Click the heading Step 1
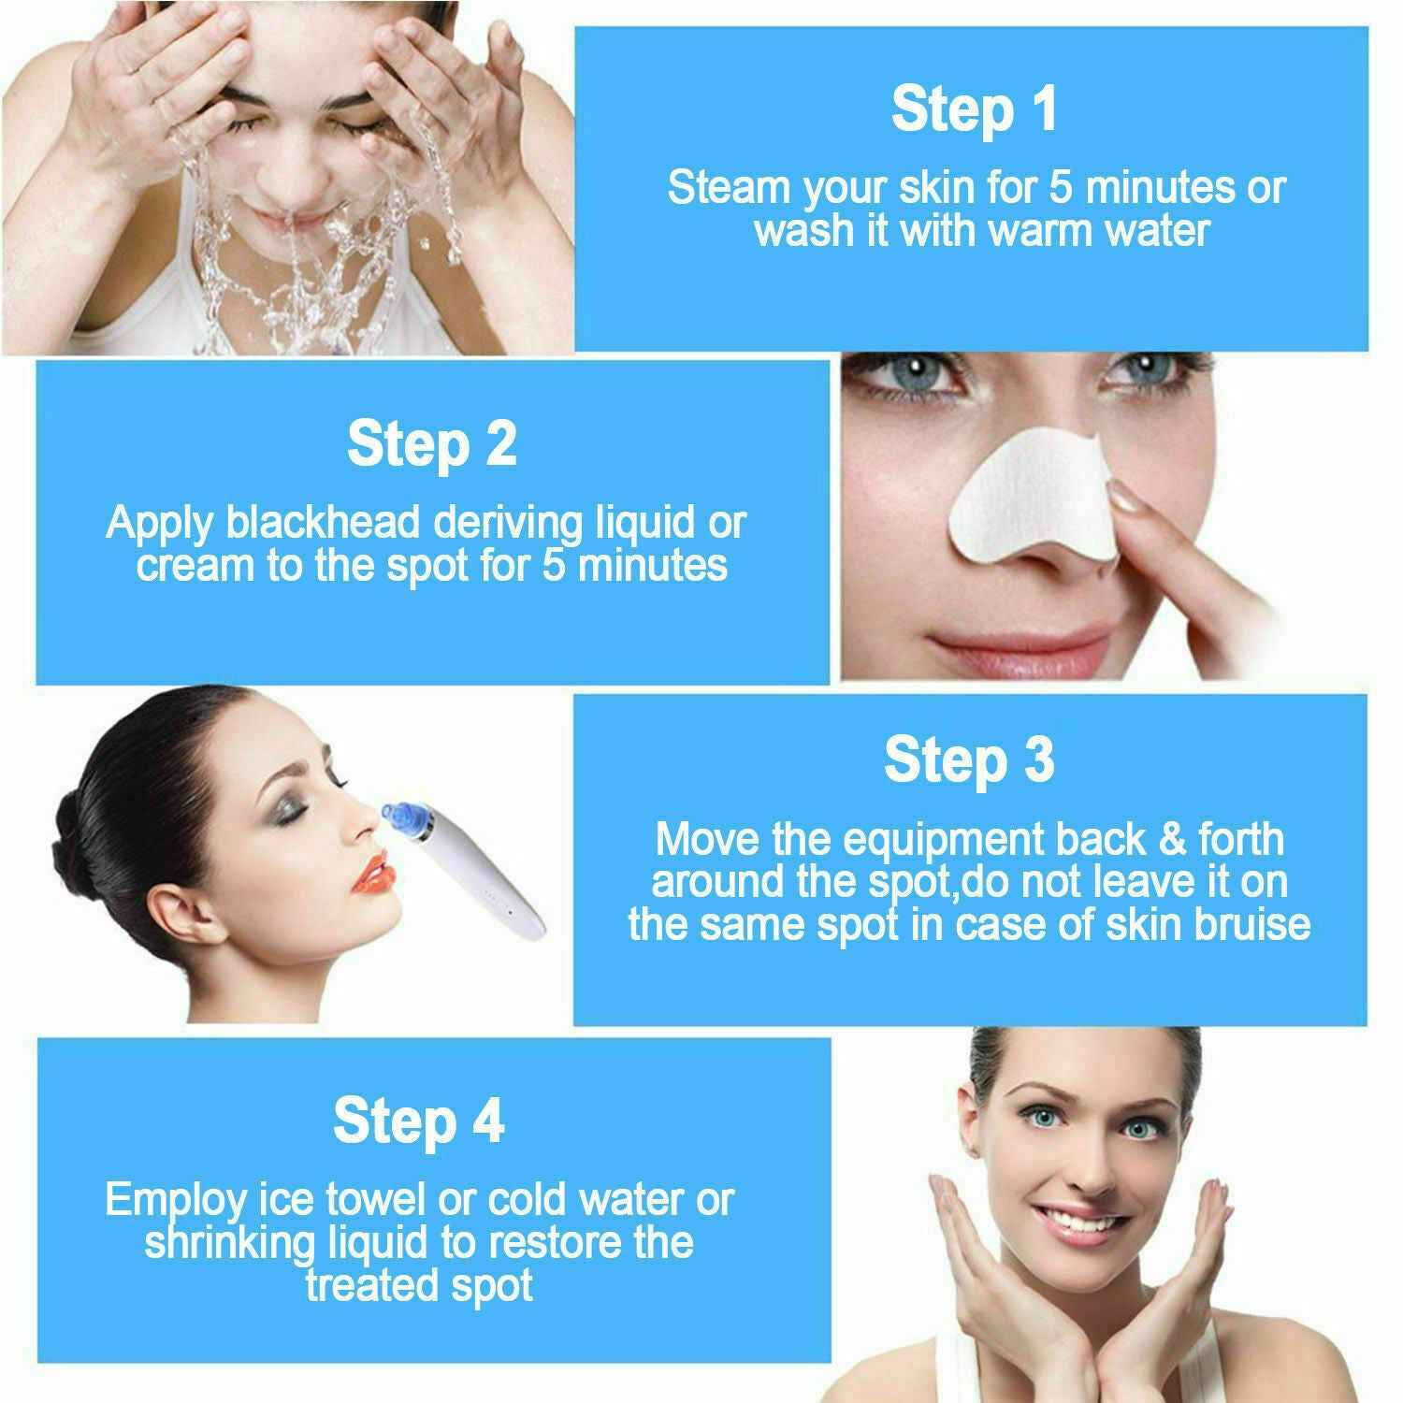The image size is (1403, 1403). coord(974,108)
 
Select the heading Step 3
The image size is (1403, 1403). coord(969,759)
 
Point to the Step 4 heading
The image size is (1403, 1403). coord(418,1120)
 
